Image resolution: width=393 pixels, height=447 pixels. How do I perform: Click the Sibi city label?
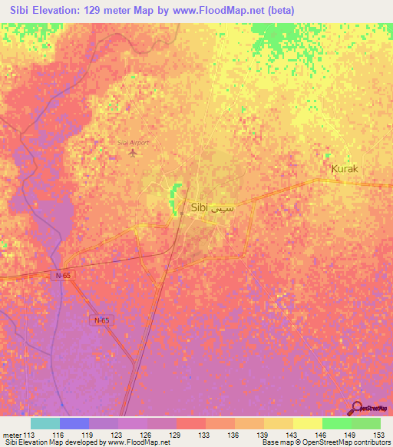tap(199, 207)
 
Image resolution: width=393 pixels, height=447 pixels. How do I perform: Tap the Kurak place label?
tap(344, 168)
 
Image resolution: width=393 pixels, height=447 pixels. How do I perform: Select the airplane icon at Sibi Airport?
tap(134, 153)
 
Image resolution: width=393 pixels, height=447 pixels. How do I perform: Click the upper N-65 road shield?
tap(64, 274)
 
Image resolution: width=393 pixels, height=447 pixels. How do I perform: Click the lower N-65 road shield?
tap(101, 320)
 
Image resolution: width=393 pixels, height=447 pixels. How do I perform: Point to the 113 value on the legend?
tap(30, 435)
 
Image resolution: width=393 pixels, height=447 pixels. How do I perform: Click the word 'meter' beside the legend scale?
tap(11, 435)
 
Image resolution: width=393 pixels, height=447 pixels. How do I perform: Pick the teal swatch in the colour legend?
tap(45, 423)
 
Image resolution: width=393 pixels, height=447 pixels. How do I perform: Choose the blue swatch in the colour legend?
tap(74, 423)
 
